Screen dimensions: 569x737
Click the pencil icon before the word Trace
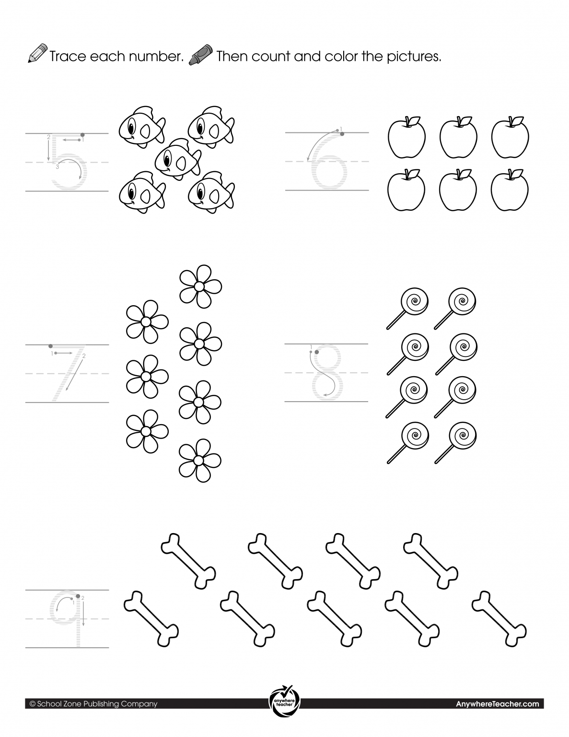click(x=37, y=53)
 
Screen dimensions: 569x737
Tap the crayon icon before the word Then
click(x=201, y=55)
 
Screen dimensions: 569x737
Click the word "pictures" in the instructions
click(x=414, y=57)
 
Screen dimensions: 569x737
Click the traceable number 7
click(x=68, y=373)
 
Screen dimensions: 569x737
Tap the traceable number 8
click(x=327, y=372)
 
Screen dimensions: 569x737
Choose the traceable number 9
click(x=66, y=618)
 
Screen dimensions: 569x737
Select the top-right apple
click(x=510, y=137)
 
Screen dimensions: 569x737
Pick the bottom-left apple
click(x=406, y=190)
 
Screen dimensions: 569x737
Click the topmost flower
click(x=200, y=286)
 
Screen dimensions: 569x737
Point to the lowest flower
click(x=200, y=460)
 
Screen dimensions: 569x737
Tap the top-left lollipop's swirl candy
click(x=414, y=301)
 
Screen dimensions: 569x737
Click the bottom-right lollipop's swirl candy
click(x=462, y=436)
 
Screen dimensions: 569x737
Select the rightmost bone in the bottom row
click(x=499, y=618)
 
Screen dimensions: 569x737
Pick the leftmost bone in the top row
click(x=188, y=561)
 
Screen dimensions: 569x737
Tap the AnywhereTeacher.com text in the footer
click(x=498, y=704)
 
